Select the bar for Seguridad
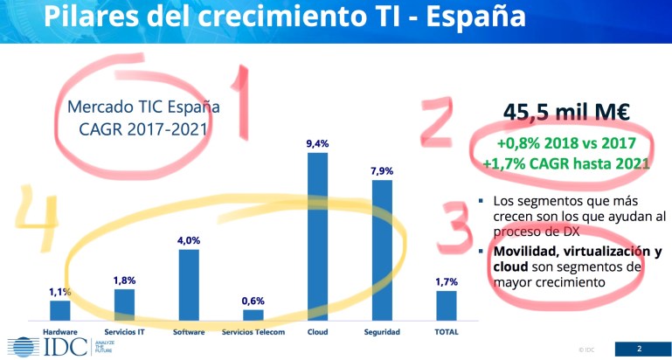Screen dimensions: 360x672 coord(381,250)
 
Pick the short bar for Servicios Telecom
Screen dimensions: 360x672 coord(253,315)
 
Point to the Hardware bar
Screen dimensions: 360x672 coord(60,310)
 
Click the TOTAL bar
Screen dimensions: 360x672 coord(446,305)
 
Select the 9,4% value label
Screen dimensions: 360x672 coord(317,143)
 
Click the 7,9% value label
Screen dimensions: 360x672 coord(381,171)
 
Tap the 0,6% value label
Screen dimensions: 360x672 coord(253,301)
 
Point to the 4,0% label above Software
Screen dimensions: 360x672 coord(189,240)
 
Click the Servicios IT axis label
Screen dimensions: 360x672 coord(124,332)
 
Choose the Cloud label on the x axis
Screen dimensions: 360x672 coord(317,332)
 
